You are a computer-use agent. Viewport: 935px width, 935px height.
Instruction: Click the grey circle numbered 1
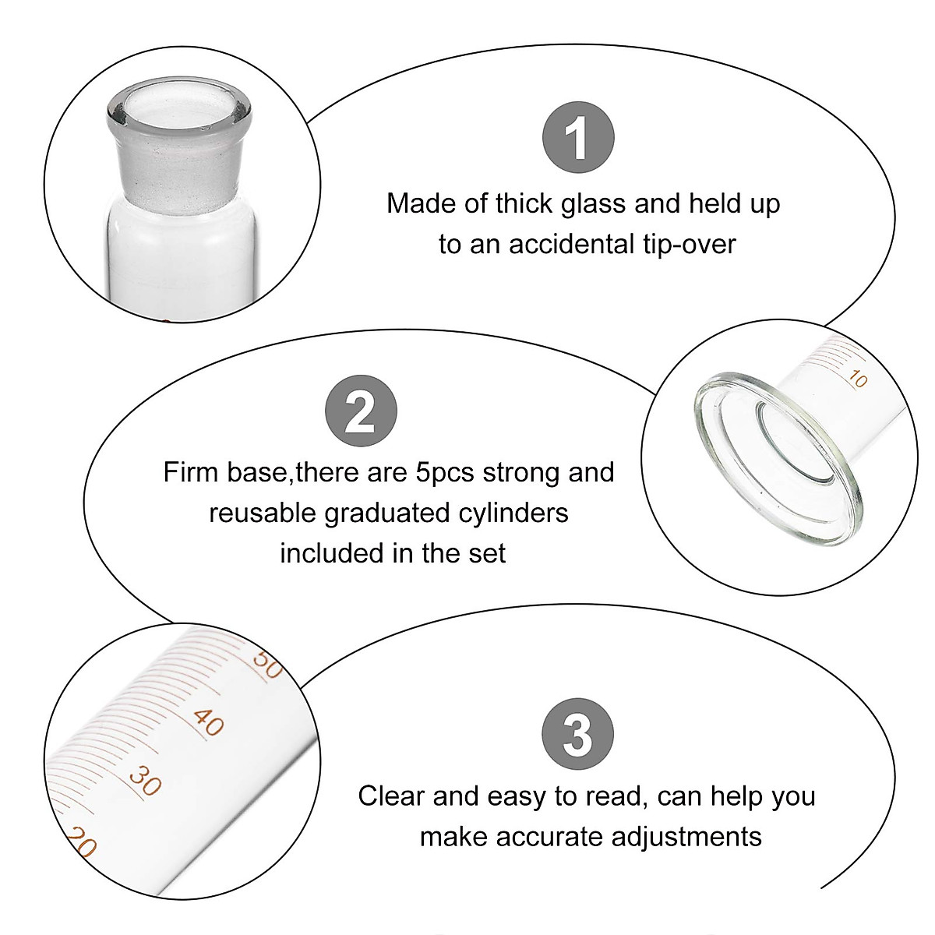point(578,138)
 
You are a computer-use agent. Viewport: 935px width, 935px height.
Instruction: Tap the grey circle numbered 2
point(361,411)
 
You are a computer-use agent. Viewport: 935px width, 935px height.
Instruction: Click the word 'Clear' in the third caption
point(392,796)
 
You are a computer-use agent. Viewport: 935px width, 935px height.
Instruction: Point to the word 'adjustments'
point(686,837)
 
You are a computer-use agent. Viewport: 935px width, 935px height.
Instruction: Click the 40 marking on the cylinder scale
point(209,722)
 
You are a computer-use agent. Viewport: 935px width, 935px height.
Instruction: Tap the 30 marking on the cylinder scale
point(145,780)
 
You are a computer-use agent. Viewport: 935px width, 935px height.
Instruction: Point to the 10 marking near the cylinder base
point(857,379)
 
